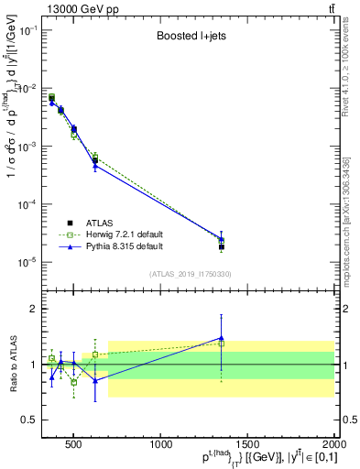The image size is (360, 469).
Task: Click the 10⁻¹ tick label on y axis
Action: tap(27, 31)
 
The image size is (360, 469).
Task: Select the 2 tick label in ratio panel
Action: tap(32, 309)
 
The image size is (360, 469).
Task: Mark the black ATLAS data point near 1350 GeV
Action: tap(221, 247)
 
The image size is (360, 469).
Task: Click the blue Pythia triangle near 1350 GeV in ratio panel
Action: tap(221, 338)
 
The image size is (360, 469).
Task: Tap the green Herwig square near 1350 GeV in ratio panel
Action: tap(221, 344)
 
